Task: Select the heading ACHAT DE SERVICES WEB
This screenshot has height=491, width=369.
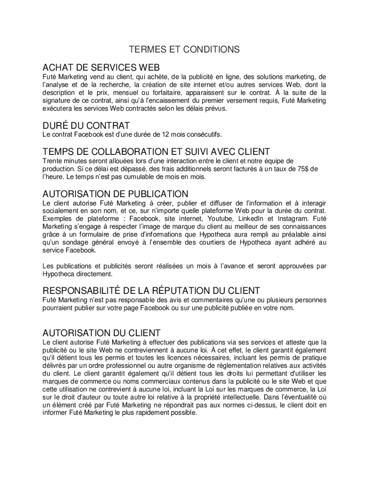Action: tap(101, 67)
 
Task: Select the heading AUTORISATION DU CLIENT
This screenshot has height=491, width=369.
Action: tap(101, 333)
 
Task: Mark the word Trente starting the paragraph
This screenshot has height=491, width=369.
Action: tap(52, 161)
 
